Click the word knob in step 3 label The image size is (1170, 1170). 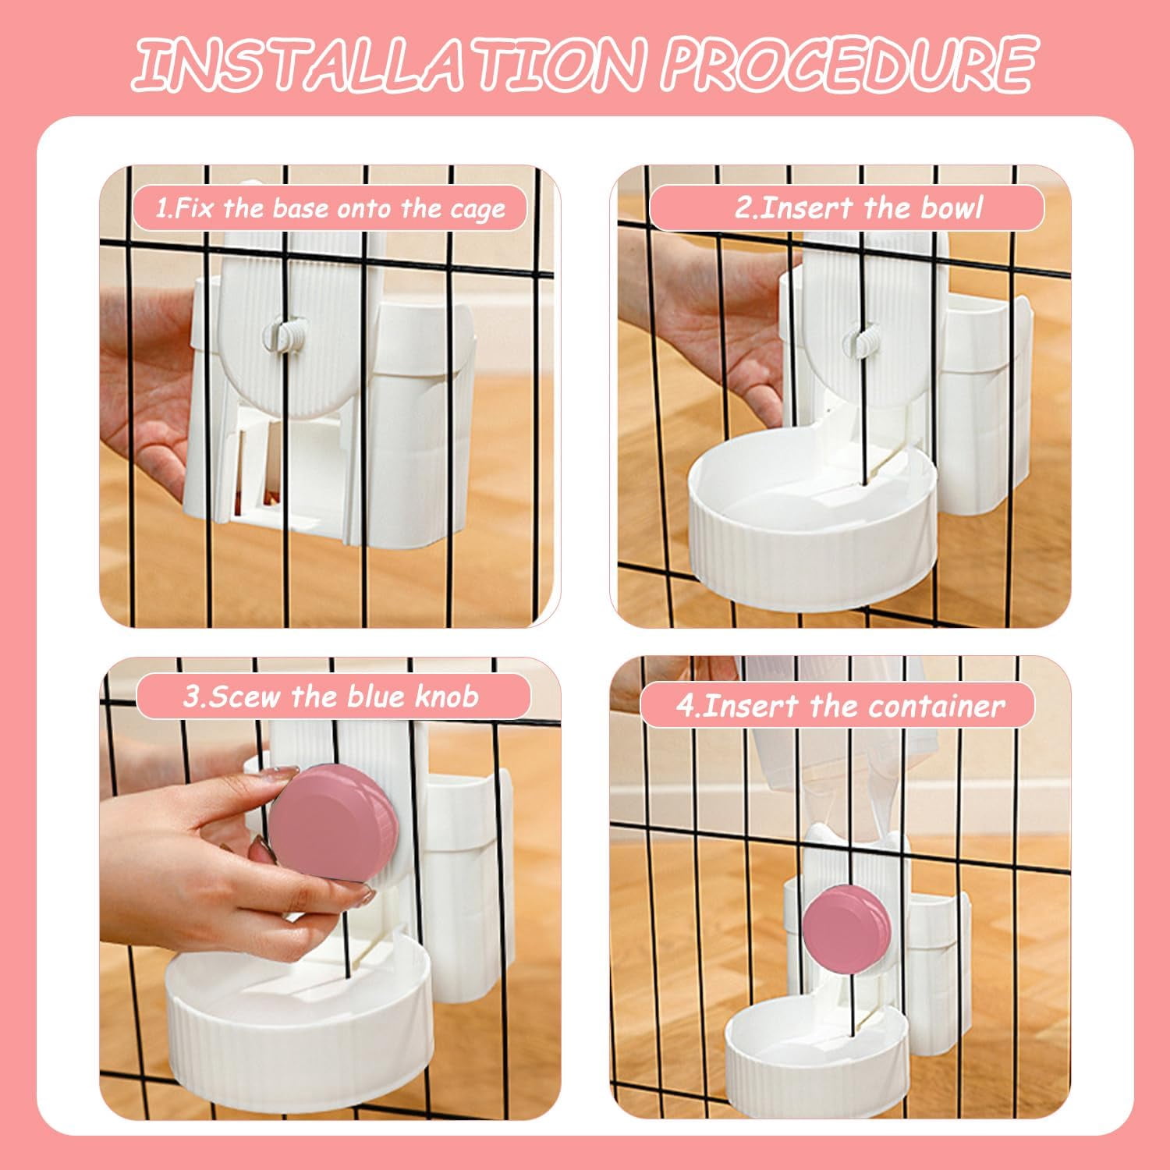click(446, 696)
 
